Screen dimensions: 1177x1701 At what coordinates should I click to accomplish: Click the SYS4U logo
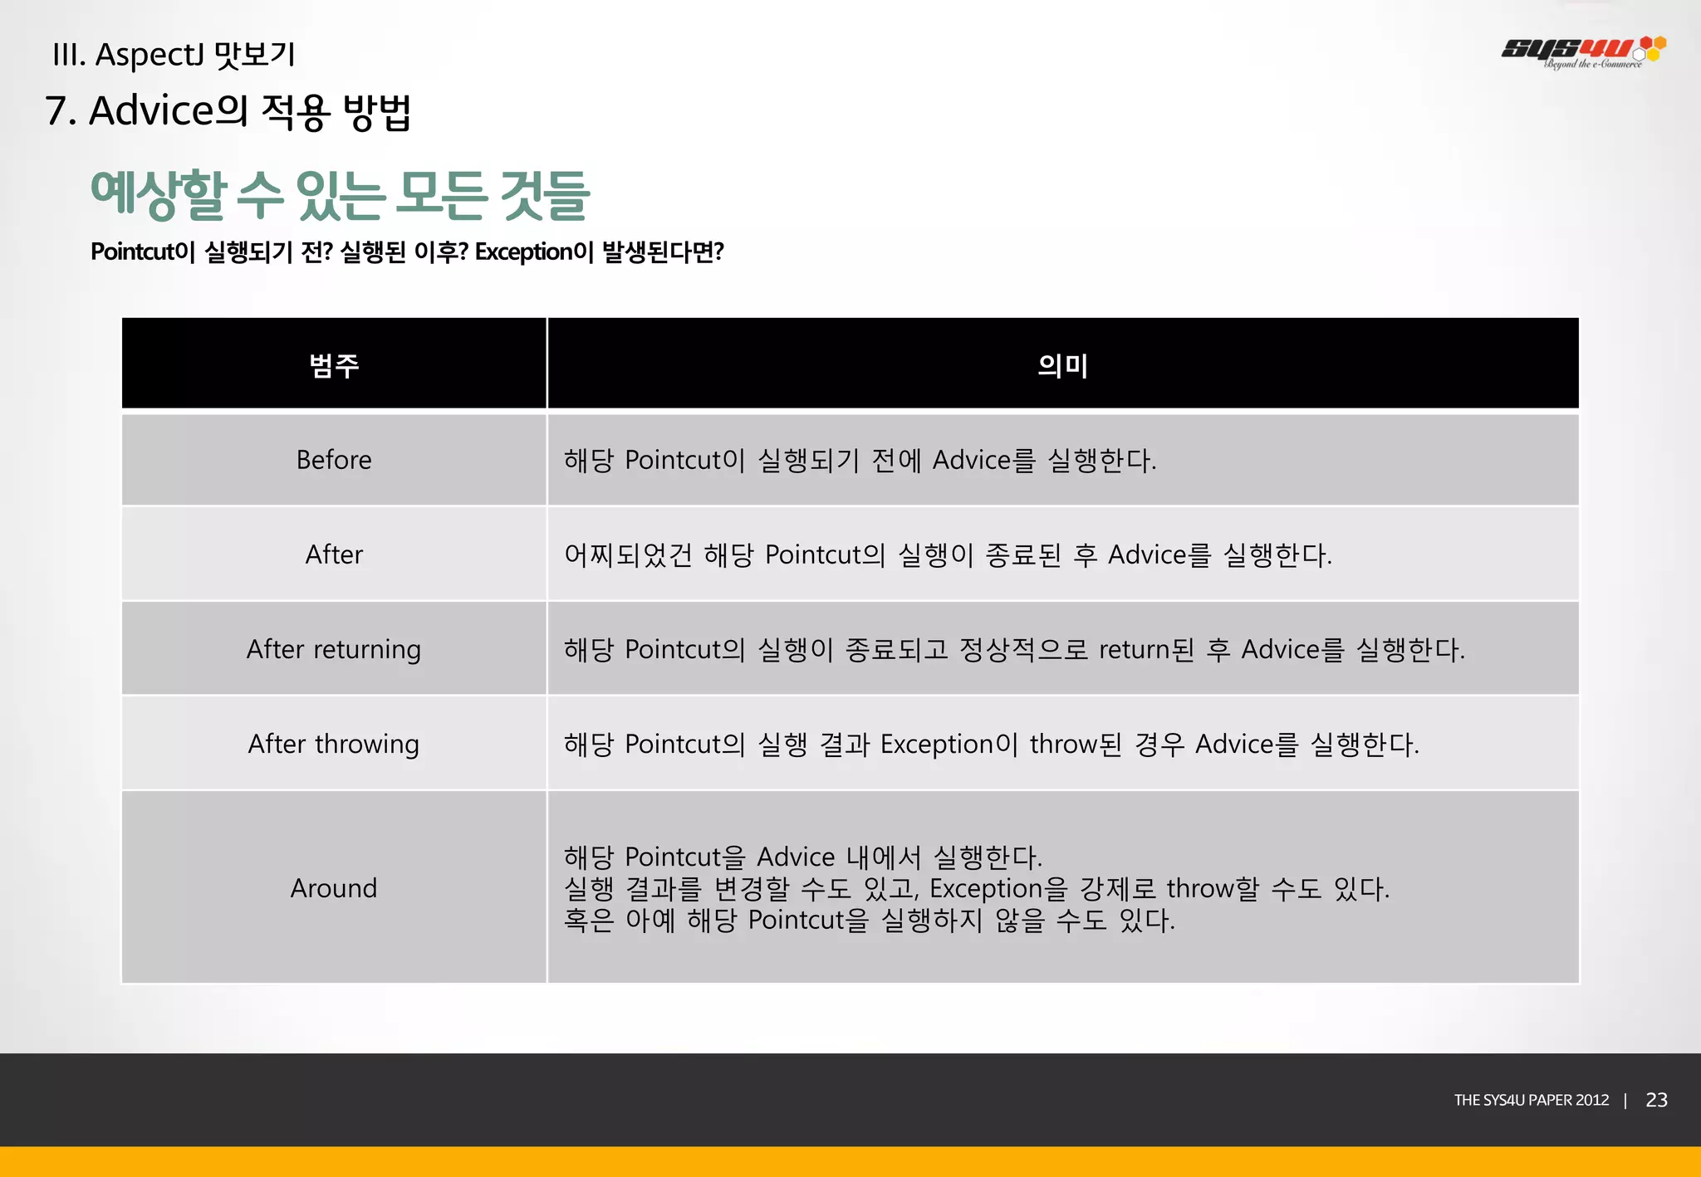pyautogui.click(x=1582, y=51)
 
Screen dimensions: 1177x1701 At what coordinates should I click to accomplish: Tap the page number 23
pyautogui.click(x=1656, y=1100)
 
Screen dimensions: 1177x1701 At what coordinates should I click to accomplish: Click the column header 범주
pyautogui.click(x=334, y=365)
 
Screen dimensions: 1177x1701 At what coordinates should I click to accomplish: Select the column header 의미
pyautogui.click(x=1062, y=365)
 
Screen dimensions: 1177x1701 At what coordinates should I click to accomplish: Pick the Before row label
pyautogui.click(x=334, y=460)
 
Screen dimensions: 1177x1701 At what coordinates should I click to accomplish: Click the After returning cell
pyautogui.click(x=334, y=649)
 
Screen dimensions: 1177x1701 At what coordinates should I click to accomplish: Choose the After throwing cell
pyautogui.click(x=334, y=744)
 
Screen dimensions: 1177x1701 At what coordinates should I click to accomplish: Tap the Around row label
pyautogui.click(x=334, y=888)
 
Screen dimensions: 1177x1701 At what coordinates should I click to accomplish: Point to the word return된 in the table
pyautogui.click(x=1146, y=649)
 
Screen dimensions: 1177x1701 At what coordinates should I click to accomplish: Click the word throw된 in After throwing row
pyautogui.click(x=1076, y=744)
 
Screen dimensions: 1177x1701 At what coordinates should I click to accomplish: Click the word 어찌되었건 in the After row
pyautogui.click(x=627, y=554)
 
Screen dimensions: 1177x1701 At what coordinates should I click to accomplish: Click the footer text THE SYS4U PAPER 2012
pyautogui.click(x=1531, y=1100)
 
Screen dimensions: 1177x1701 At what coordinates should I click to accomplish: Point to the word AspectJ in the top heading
pyautogui.click(x=150, y=55)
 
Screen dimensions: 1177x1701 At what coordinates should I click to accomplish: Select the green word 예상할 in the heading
pyautogui.click(x=158, y=195)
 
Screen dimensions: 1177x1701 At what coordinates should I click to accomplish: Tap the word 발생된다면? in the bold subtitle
pyautogui.click(x=663, y=252)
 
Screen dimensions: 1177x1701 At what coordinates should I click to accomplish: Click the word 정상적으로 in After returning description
pyautogui.click(x=1023, y=649)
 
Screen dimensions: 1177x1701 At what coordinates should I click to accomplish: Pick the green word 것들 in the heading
pyautogui.click(x=545, y=195)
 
